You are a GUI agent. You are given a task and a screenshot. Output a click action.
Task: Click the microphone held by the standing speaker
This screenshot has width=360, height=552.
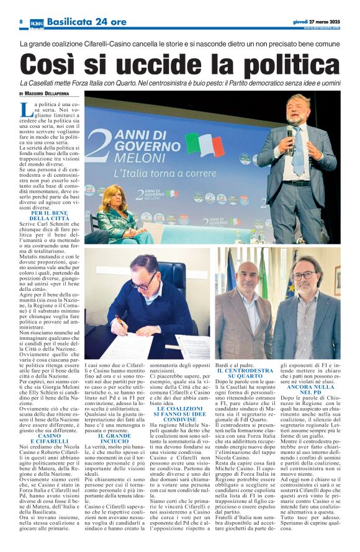click(290, 134)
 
